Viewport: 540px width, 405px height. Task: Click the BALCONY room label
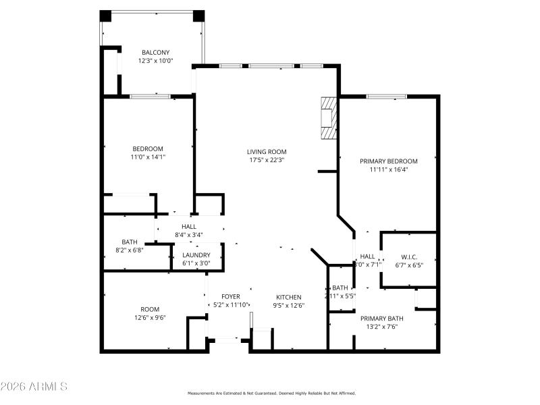pos(155,52)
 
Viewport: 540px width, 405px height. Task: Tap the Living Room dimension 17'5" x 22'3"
pos(266,160)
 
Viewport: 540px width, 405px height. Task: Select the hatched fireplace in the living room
pos(328,117)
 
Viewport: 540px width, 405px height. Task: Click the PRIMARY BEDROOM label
pos(388,161)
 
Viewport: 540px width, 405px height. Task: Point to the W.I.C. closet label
pos(409,256)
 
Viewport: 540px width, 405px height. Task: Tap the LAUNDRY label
pos(196,255)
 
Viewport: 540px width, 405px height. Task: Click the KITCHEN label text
pos(289,297)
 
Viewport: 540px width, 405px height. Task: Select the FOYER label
pos(230,297)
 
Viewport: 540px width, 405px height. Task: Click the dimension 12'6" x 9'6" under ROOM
pos(150,317)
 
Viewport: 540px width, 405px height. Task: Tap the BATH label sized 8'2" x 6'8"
pos(130,242)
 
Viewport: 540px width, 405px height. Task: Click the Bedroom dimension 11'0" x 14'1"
pos(147,157)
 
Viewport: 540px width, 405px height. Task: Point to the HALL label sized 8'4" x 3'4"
pos(189,226)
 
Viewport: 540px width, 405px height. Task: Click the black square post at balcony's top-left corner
pos(105,16)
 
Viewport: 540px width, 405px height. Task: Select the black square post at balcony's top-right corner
pos(198,16)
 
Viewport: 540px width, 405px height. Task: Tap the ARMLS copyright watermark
pos(34,387)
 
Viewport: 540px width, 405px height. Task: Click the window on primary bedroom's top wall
pos(386,97)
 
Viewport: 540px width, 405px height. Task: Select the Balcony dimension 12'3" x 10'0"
pos(155,61)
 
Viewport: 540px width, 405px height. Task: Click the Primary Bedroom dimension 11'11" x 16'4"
pos(388,170)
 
